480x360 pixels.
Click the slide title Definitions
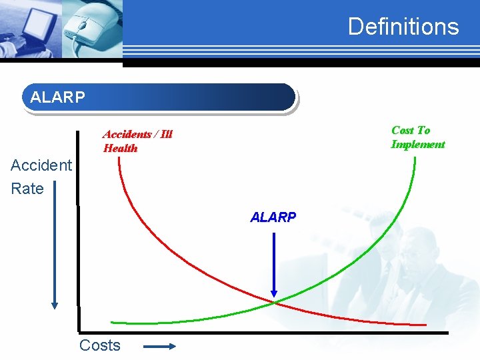403,27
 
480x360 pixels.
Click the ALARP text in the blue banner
58,97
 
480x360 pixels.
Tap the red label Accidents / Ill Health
137,141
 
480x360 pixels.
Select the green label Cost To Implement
417,137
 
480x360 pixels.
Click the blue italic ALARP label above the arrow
273,217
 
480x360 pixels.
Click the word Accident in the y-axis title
41,165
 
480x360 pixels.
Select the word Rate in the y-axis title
27,189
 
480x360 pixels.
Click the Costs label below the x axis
100,345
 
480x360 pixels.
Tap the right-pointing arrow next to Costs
159,346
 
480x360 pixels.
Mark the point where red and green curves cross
273,303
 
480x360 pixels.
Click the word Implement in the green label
417,145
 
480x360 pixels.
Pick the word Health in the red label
120,149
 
